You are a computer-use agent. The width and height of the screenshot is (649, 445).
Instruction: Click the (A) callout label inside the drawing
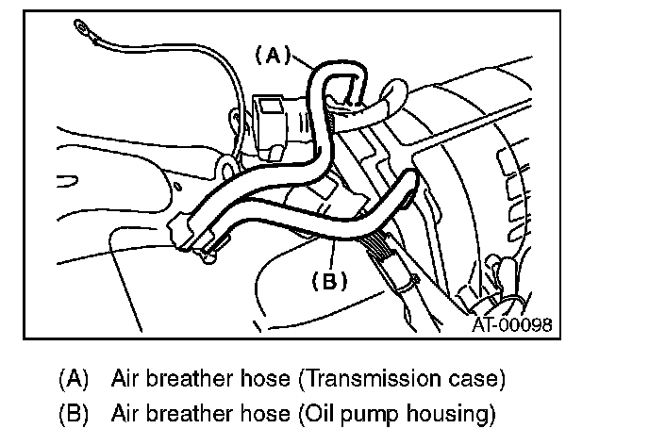tap(273, 56)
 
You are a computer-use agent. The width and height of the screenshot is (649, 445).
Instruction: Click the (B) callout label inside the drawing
tap(329, 280)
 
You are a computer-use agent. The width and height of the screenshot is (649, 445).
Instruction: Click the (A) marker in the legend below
tap(73, 380)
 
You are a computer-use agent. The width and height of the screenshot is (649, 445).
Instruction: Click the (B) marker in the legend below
tap(73, 413)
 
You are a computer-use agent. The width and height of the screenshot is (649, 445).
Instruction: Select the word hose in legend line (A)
tap(264, 380)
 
